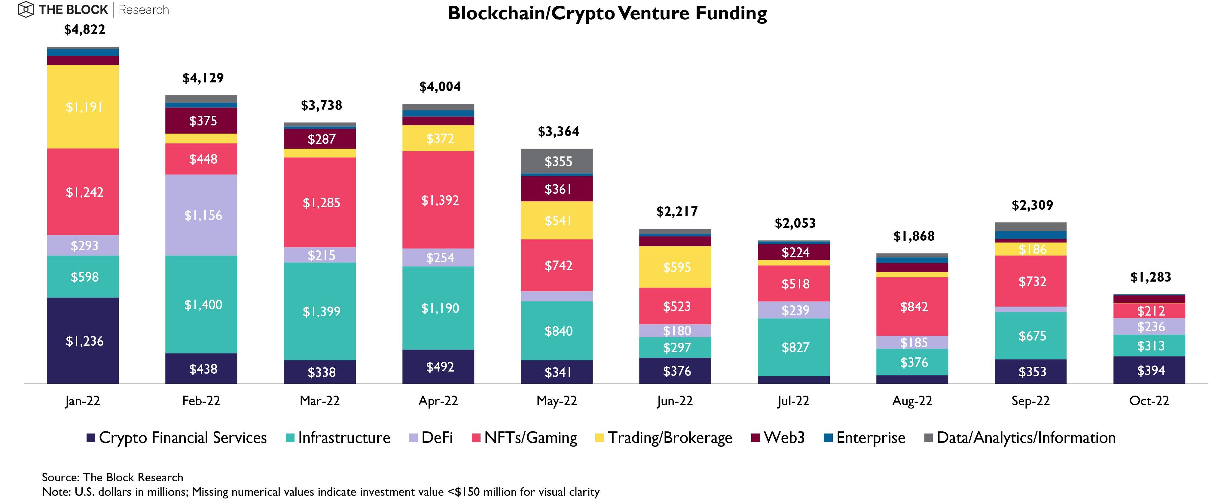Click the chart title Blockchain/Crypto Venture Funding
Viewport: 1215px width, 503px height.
coord(607,13)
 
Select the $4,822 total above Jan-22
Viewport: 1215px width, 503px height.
coord(84,30)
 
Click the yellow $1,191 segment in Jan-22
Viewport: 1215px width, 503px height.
coord(83,107)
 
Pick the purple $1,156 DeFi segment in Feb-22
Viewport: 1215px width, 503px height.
coord(201,215)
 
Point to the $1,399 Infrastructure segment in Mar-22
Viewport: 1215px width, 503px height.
coord(320,311)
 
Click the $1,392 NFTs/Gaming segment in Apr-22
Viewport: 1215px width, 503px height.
coord(438,200)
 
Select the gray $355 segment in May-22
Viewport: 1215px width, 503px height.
coord(557,162)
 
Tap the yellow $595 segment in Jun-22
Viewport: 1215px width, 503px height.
coord(675,267)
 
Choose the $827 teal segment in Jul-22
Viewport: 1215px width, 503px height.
coord(794,347)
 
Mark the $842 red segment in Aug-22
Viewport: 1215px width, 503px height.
coord(912,307)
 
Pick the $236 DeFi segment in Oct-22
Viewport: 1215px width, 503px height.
coord(1149,326)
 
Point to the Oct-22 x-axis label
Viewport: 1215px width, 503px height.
coord(1149,401)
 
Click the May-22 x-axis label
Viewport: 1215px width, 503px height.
coord(557,401)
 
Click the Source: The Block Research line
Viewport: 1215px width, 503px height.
coord(112,477)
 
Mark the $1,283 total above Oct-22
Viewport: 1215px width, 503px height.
coord(1150,277)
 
